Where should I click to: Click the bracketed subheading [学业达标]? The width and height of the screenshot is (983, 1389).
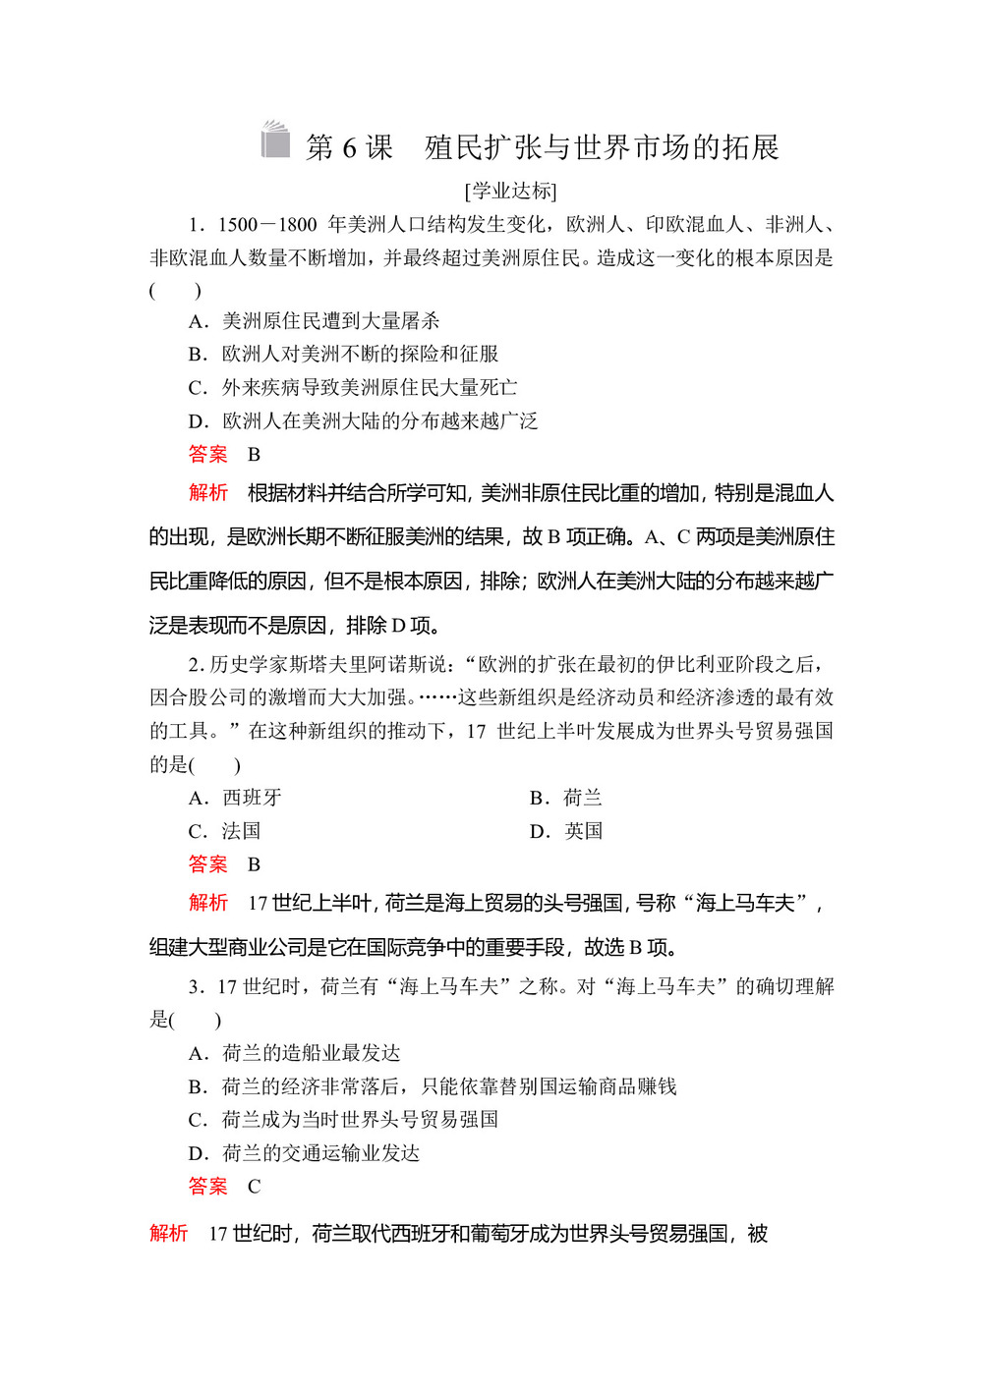coord(510,191)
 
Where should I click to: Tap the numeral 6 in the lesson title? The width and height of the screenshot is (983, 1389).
coord(349,148)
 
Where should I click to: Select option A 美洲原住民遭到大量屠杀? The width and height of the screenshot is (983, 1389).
coord(314,321)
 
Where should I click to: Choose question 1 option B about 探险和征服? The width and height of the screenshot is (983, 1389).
coord(343,354)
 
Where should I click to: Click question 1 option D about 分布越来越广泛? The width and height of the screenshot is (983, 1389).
coord(363,420)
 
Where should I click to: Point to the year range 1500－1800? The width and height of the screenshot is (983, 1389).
coord(266,225)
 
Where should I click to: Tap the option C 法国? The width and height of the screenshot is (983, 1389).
coord(224,831)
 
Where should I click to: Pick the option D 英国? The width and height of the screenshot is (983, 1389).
coord(566,831)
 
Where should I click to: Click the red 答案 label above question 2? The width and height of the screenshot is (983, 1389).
coord(207,454)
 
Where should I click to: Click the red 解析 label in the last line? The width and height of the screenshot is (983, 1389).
coord(168,1233)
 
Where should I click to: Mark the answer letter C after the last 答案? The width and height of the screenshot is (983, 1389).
coord(254,1187)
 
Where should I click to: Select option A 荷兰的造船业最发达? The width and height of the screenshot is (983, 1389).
coord(294,1053)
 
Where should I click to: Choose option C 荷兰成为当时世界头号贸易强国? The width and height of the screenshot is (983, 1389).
coord(343,1120)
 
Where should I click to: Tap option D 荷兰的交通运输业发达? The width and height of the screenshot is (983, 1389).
coord(304,1153)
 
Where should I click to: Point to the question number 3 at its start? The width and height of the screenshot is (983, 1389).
coord(195,987)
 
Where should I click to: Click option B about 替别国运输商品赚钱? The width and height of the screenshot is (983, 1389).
coord(433,1086)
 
